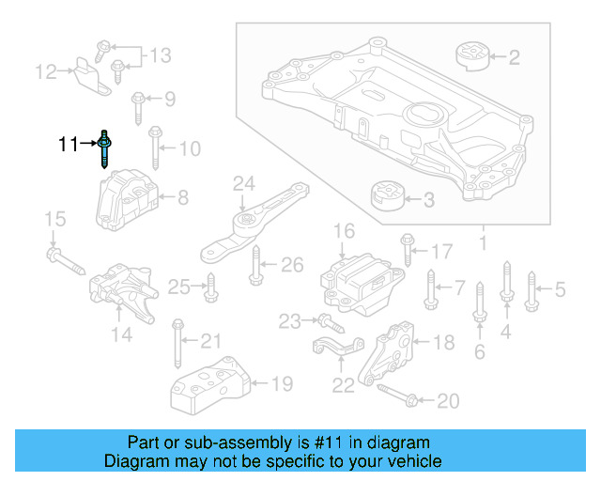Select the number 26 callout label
point(292,265)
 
